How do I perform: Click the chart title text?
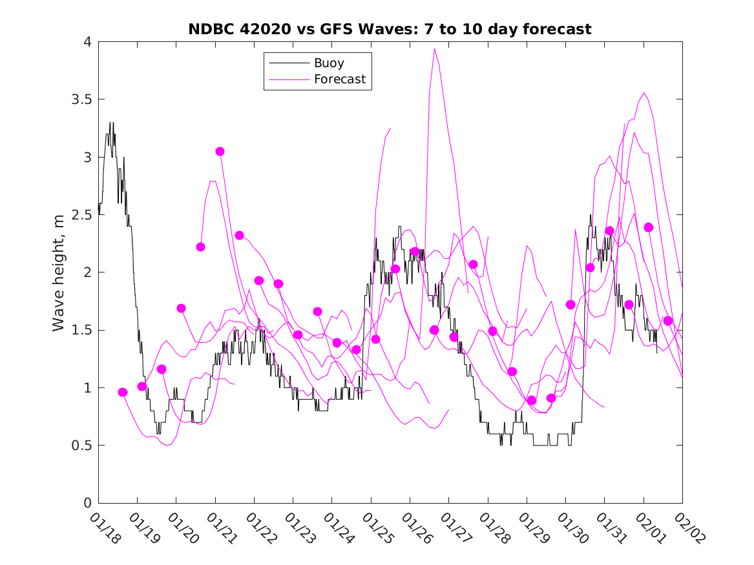[390, 29]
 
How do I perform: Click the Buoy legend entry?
[329, 63]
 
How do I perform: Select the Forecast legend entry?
[339, 79]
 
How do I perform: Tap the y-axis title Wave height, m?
[59, 272]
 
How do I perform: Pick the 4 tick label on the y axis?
[86, 42]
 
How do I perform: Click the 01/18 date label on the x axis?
[104, 528]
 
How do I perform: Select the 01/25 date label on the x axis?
[377, 528]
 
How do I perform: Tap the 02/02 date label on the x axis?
[688, 528]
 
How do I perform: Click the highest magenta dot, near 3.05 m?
[220, 151]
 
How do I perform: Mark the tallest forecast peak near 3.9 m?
[434, 48]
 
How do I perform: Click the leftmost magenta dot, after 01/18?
[123, 392]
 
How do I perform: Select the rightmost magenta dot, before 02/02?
[668, 321]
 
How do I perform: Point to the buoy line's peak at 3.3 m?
[111, 123]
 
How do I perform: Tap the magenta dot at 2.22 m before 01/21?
[200, 247]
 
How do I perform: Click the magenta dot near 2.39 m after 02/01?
[649, 227]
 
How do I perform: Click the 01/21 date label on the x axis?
[221, 528]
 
